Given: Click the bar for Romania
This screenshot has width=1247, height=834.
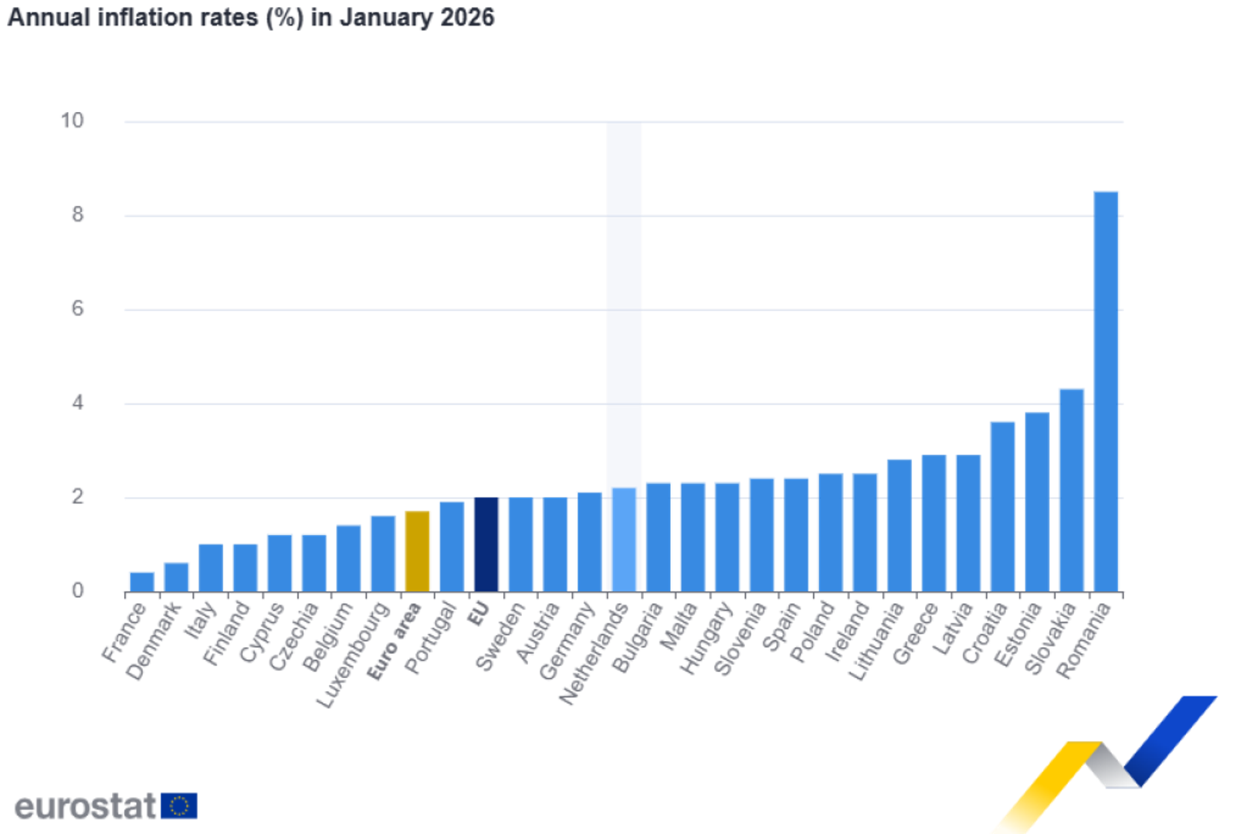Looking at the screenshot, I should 1106,391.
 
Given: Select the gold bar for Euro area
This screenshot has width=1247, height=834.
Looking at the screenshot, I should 418,551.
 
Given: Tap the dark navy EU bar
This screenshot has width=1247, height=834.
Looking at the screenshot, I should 486,544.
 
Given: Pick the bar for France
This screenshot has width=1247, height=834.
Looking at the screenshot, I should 141,581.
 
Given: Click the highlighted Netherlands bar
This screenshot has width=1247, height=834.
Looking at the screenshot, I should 624,539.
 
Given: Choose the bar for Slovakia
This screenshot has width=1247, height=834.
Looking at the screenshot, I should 1071,490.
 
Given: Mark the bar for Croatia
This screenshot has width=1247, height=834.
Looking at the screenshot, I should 1002,506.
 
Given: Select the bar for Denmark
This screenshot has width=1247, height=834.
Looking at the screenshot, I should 176,576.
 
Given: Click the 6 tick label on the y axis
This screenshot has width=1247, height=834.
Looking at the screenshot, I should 77,309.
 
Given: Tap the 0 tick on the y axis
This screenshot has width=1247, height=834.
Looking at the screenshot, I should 77,590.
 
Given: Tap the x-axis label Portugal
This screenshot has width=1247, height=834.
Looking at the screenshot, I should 431,639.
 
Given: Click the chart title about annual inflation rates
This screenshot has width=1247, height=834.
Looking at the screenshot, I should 251,17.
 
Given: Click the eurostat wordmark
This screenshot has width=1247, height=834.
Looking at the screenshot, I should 85,807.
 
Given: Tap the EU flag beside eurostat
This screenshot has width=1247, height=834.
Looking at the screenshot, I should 179,806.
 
